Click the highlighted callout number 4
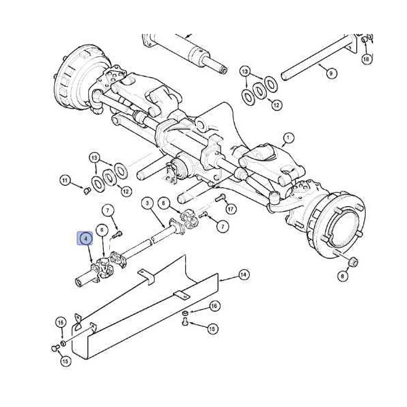[86, 238]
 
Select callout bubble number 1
[288, 138]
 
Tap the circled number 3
[148, 203]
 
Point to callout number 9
[331, 73]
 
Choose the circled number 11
[65, 180]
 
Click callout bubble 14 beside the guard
[244, 275]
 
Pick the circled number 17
[231, 208]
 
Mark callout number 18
[366, 59]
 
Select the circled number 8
[343, 276]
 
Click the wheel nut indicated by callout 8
[353, 262]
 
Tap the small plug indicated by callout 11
[87, 191]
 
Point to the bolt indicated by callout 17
[220, 198]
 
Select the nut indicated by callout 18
[364, 40]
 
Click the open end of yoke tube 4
[79, 282]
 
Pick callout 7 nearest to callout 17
[222, 227]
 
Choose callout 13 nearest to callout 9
[246, 71]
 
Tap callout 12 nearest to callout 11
[126, 191]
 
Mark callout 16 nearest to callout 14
[214, 307]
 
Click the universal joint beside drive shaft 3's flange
[189, 218]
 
